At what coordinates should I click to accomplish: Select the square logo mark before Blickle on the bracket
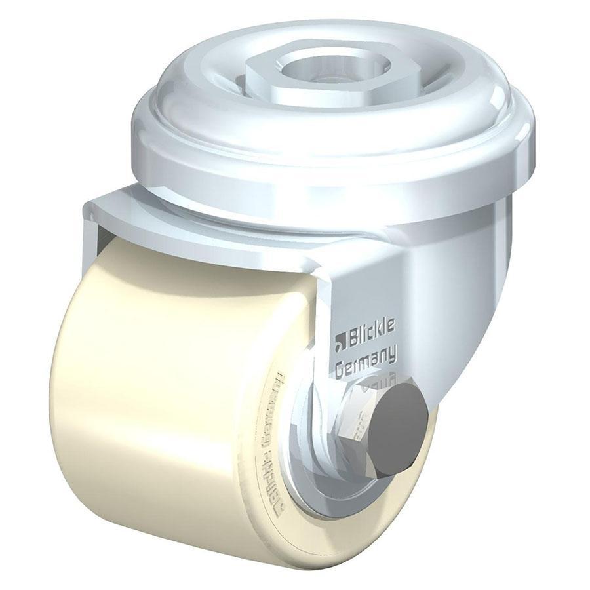point(340,341)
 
